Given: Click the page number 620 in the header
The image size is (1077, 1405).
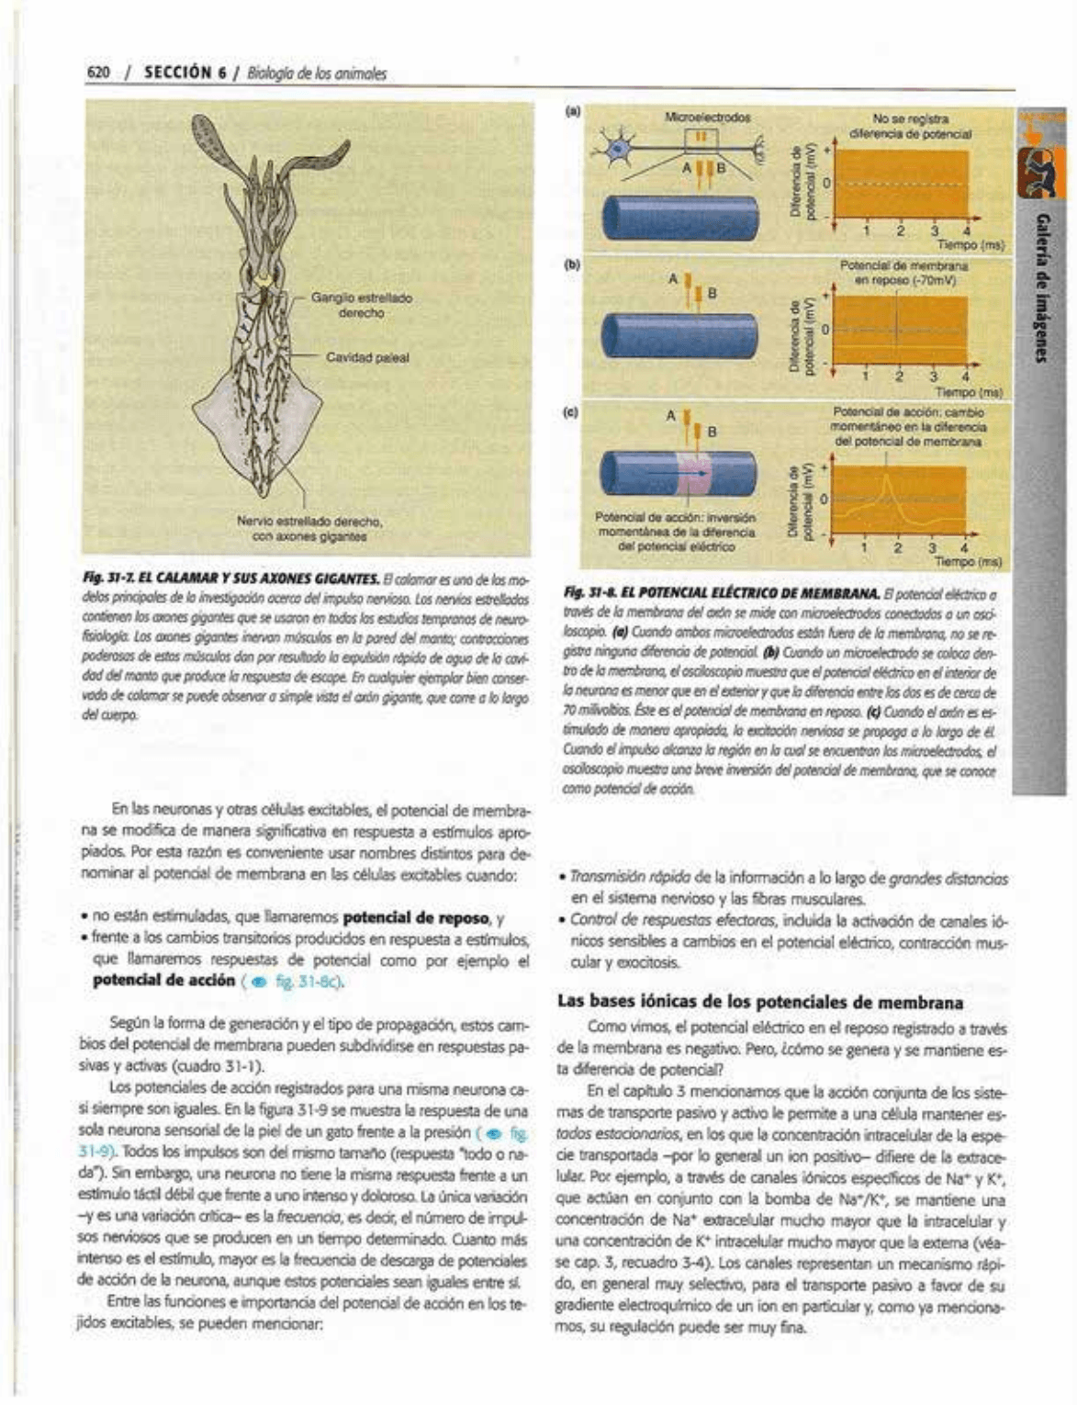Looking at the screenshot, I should (97, 73).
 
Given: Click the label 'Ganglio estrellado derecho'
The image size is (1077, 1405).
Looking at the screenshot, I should (361, 305).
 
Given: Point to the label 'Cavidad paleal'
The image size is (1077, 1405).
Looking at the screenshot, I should (367, 357).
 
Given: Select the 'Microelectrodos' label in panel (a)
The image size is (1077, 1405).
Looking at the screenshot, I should (707, 118).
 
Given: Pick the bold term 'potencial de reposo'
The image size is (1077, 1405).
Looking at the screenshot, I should (408, 918).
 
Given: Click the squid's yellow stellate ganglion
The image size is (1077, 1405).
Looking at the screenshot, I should (264, 279).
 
